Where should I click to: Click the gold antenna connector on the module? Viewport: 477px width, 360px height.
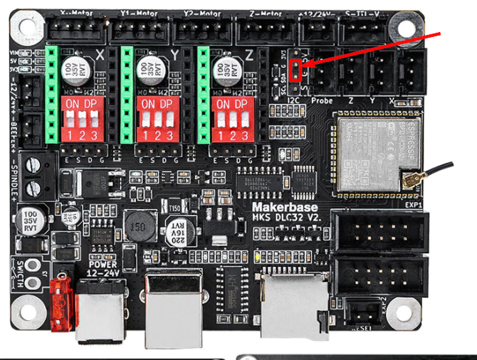coord(412,181)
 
